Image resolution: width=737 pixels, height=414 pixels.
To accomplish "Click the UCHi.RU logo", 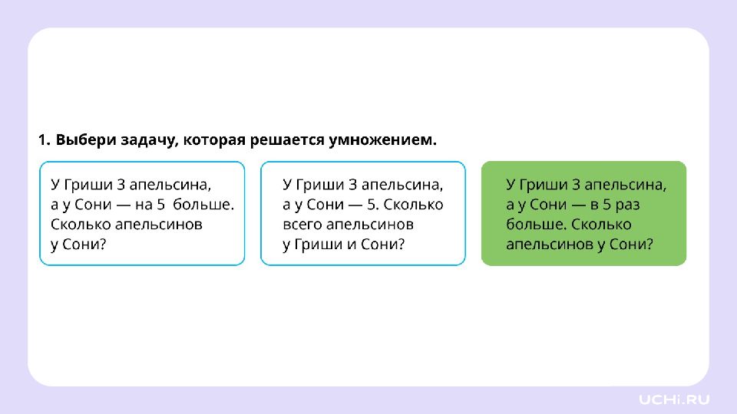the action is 674,399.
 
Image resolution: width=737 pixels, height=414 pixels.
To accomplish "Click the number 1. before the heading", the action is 45,140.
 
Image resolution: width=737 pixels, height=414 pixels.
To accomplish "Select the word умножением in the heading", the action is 382,140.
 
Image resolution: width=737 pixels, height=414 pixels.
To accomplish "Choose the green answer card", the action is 583,214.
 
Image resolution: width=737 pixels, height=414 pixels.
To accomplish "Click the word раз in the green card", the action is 628,205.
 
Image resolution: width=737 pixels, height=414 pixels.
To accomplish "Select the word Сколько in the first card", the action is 81,225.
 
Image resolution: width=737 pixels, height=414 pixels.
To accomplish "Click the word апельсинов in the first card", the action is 159,225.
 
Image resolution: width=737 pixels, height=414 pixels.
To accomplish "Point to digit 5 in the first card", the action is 160,205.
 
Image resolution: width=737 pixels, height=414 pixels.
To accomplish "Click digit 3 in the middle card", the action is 352,185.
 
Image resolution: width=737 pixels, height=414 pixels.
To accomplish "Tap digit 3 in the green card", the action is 576,185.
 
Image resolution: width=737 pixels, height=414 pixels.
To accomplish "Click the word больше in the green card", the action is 537,225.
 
